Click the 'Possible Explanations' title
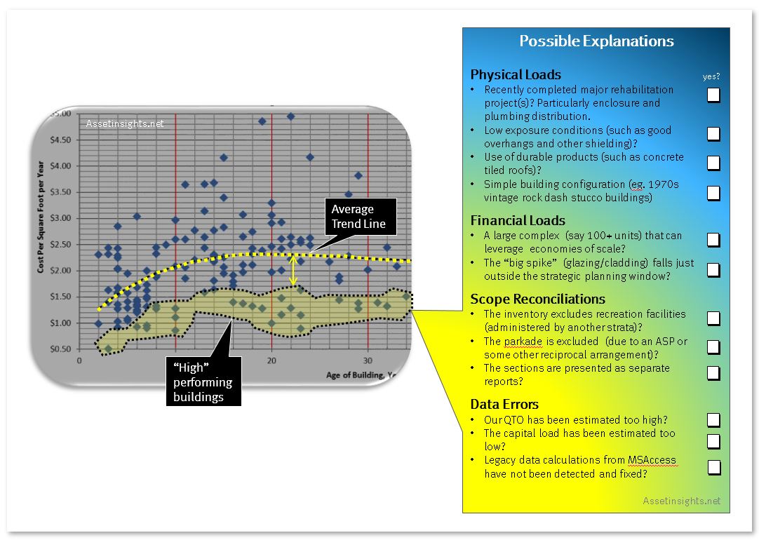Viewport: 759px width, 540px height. [596, 41]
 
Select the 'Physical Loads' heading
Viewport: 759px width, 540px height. [516, 74]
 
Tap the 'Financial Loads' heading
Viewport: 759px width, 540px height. [518, 221]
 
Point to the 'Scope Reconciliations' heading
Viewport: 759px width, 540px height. [538, 299]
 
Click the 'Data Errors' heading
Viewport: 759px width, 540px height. [504, 404]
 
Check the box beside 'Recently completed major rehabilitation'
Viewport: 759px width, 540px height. [713, 95]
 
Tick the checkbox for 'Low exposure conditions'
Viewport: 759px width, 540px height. [713, 134]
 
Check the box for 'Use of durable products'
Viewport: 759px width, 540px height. [713, 163]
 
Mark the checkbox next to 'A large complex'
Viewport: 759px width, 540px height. [713, 240]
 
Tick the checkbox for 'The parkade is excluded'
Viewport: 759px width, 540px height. [713, 347]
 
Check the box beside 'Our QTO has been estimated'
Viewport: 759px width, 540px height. [713, 420]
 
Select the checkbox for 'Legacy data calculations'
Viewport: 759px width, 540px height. [714, 468]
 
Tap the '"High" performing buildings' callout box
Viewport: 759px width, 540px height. [203, 382]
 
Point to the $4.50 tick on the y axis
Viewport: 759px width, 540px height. [60, 140]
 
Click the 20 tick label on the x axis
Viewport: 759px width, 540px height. [271, 360]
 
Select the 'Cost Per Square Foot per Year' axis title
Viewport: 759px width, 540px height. [41, 216]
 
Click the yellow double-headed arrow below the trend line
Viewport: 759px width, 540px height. [293, 271]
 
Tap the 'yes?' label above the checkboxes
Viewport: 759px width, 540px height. [711, 76]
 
